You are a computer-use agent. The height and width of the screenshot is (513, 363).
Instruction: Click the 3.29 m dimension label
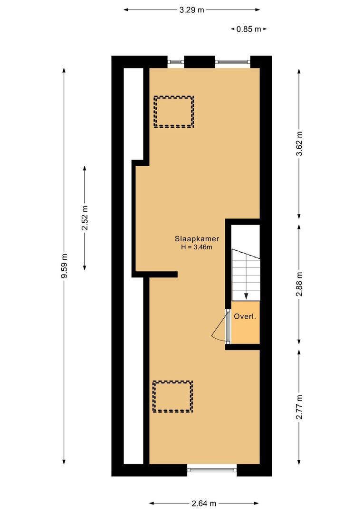(191, 9)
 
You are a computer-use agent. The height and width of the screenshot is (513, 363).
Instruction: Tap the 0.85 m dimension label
(248, 29)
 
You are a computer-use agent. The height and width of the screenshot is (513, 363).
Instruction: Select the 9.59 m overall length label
(65, 267)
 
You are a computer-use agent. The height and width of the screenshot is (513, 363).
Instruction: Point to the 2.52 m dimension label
(85, 218)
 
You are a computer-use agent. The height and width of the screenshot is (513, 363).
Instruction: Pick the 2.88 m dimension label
(299, 284)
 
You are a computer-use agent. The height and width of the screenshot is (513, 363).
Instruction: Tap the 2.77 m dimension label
(299, 407)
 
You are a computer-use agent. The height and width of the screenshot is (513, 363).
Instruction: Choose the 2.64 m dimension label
(204, 503)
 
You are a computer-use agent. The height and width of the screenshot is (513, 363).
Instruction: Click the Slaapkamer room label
(192, 240)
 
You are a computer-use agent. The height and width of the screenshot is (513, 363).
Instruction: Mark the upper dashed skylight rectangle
(173, 112)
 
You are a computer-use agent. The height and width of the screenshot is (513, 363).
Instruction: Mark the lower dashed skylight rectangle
(172, 396)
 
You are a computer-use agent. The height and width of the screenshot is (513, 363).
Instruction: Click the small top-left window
(175, 62)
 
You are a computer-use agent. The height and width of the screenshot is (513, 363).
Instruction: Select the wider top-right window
(233, 62)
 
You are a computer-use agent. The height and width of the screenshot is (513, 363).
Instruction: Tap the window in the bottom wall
(212, 470)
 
